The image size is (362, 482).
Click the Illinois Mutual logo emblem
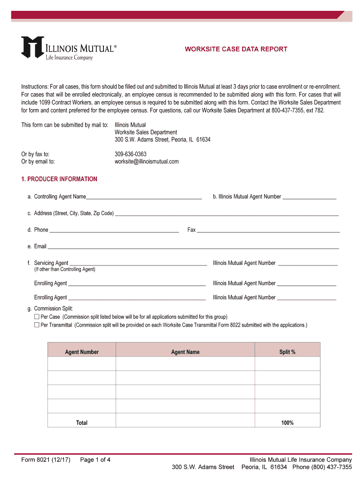(x=32, y=48)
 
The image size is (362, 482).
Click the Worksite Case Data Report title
(x=236, y=49)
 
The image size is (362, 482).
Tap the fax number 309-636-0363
(x=130, y=154)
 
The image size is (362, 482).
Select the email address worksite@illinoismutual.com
(x=147, y=161)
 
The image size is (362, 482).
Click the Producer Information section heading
(x=59, y=179)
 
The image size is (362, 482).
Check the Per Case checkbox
(x=37, y=317)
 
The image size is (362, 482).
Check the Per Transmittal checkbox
(x=37, y=325)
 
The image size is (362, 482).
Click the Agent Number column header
(x=82, y=352)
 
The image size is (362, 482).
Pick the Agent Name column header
(x=185, y=352)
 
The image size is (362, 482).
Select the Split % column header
(x=287, y=352)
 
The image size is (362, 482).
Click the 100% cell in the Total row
(x=287, y=423)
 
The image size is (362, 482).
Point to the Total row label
(x=82, y=423)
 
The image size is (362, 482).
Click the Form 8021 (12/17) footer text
(x=46, y=460)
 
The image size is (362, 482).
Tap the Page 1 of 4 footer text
(x=95, y=460)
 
